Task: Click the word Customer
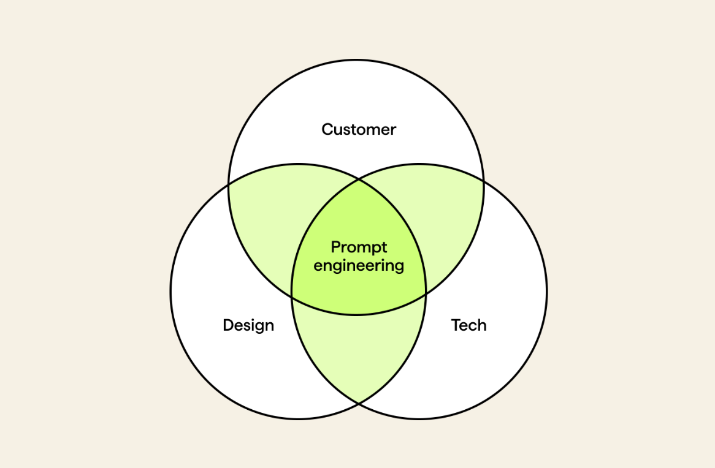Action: pyautogui.click(x=359, y=129)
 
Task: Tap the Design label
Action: pyautogui.click(x=248, y=325)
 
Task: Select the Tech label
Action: pyautogui.click(x=468, y=325)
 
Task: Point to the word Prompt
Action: pyautogui.click(x=359, y=247)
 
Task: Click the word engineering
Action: pyautogui.click(x=359, y=266)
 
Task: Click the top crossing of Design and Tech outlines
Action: pyautogui.click(x=359, y=180)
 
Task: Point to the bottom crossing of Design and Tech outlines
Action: pyautogui.click(x=359, y=404)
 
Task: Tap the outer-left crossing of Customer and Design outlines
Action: pyautogui.click(x=229, y=185)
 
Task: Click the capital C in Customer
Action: pyautogui.click(x=327, y=129)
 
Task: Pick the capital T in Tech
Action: pyautogui.click(x=456, y=325)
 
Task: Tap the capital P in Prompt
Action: pyautogui.click(x=335, y=247)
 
